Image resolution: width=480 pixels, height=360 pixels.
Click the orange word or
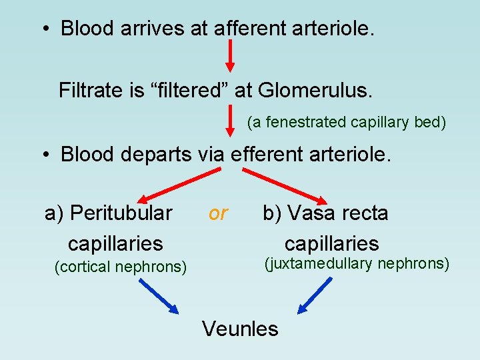tap(218, 213)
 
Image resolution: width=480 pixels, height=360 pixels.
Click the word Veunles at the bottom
tap(240, 328)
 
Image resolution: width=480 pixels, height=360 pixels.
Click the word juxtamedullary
tap(321, 264)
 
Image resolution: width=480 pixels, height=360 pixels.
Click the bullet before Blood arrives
tap(44, 29)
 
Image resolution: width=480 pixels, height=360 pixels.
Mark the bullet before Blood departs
tap(44, 155)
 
